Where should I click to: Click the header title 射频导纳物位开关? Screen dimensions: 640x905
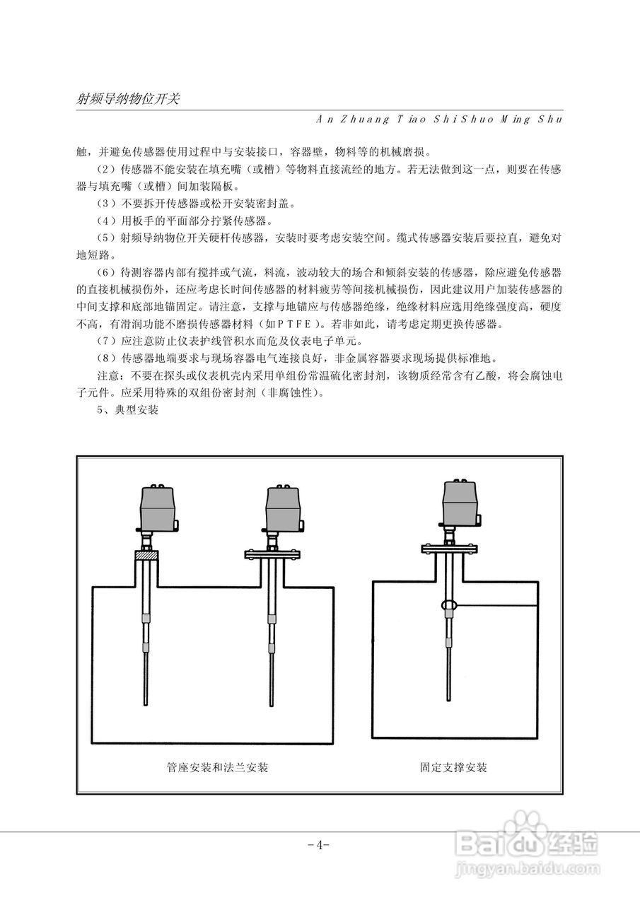(x=127, y=99)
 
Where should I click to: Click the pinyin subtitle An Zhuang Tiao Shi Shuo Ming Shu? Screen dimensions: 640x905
(x=438, y=119)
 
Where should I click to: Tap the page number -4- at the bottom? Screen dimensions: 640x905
(x=320, y=845)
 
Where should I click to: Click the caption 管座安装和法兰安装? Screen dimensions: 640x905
(x=217, y=767)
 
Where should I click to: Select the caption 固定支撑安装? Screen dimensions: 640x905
(x=453, y=767)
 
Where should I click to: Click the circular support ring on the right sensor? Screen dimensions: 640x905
(x=448, y=605)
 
